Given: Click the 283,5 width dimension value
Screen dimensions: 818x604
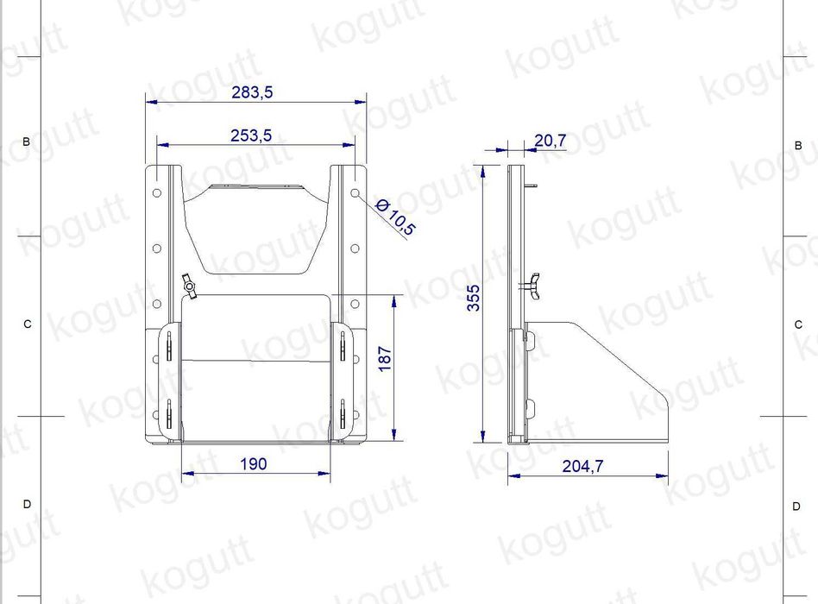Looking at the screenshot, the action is click(252, 92).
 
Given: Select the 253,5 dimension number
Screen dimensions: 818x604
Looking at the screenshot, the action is click(251, 135).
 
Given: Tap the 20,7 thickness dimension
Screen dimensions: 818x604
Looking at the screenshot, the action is click(550, 141).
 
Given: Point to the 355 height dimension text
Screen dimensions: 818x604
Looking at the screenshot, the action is click(473, 298).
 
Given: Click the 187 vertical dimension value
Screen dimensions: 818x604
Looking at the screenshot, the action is click(385, 358).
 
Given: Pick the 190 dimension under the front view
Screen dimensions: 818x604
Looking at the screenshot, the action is click(254, 463).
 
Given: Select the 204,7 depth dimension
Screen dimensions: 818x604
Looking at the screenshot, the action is click(582, 466).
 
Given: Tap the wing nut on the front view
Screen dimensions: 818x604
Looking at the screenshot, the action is click(189, 286).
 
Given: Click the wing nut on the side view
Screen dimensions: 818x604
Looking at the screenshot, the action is click(532, 286).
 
